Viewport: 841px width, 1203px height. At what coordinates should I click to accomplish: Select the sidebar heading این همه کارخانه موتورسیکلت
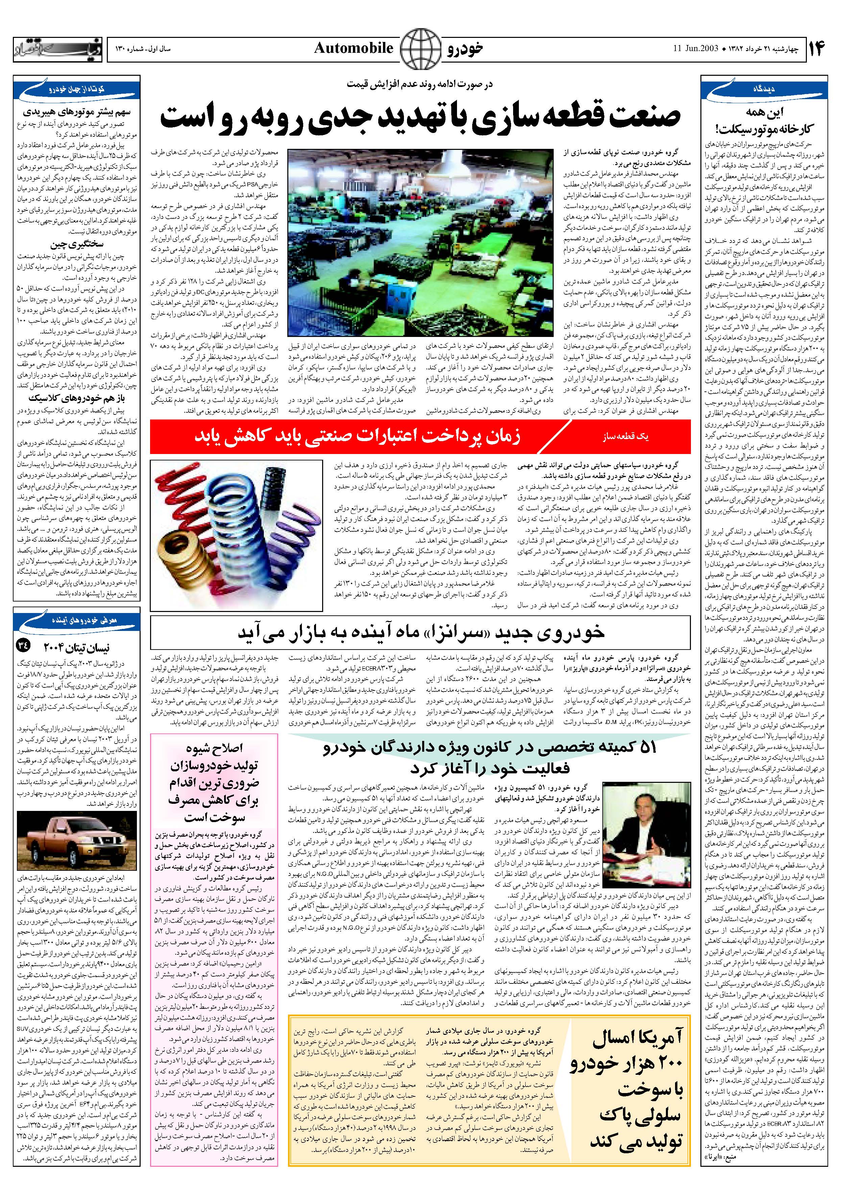point(765,119)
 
